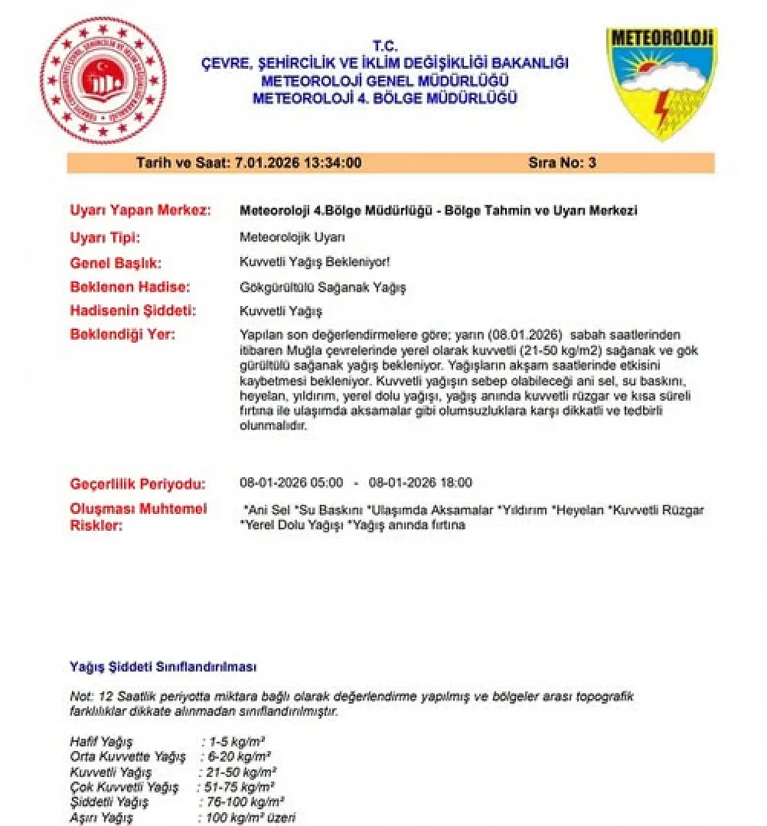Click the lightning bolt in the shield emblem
[662, 110]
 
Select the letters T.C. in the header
[385, 46]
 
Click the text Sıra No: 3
[562, 163]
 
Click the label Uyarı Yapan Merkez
[140, 211]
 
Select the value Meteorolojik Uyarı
[292, 237]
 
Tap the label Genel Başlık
[116, 263]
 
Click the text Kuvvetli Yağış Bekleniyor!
[315, 262]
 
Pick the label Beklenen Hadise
[130, 287]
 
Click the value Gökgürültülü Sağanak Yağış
[322, 288]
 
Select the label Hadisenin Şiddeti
[133, 310]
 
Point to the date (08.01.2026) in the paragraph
[525, 335]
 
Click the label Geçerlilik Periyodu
[138, 484]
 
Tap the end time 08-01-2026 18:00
[420, 483]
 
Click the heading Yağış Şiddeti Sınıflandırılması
[163, 667]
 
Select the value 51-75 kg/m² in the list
[239, 787]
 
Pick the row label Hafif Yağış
[101, 742]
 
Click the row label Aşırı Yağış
[101, 818]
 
